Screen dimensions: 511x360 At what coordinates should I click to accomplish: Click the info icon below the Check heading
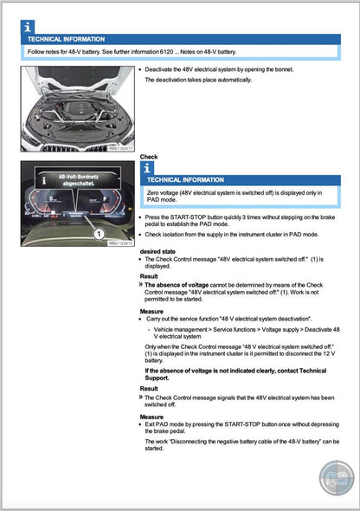147,167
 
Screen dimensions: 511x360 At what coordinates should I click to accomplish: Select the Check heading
149,157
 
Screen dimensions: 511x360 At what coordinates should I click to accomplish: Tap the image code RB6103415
119,243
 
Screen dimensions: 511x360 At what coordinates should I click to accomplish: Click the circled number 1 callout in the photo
98,234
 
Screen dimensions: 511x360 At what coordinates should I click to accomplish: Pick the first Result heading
149,276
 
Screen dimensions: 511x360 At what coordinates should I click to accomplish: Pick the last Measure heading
151,417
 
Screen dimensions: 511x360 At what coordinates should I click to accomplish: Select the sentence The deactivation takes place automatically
197,80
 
